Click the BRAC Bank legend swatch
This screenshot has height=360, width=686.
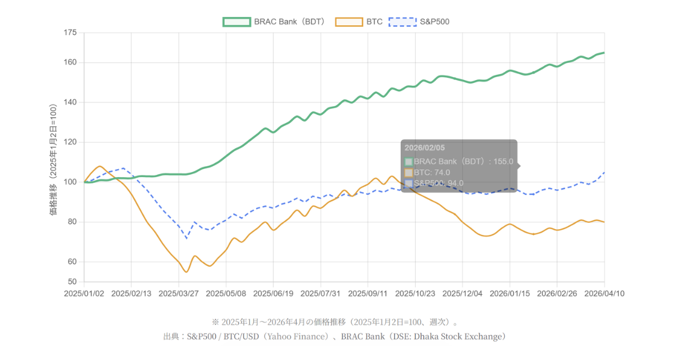[237, 22]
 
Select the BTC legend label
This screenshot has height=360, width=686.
[375, 22]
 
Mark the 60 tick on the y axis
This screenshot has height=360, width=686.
[71, 262]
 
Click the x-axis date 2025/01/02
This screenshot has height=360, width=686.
[84, 293]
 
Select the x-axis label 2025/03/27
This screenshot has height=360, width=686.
[178, 293]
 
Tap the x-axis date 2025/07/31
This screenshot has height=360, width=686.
[321, 293]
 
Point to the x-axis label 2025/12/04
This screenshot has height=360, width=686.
[462, 293]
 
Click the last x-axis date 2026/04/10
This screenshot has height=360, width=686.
[604, 293]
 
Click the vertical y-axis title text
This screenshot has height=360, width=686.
[54, 160]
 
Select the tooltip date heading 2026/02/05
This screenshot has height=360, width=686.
[424, 148]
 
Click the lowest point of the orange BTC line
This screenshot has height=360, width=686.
[186, 271]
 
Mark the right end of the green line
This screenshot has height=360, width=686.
[604, 53]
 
